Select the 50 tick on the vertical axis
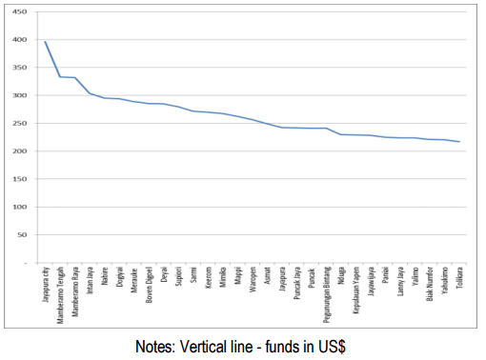tap(22, 234)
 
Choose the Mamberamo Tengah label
tap(60, 294)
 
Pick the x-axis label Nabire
tap(105, 276)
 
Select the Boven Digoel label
tap(150, 287)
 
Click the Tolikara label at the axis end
tap(460, 278)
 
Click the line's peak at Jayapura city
tap(46, 42)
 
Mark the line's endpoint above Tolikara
tap(459, 142)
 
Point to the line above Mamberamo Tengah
tap(60, 76)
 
